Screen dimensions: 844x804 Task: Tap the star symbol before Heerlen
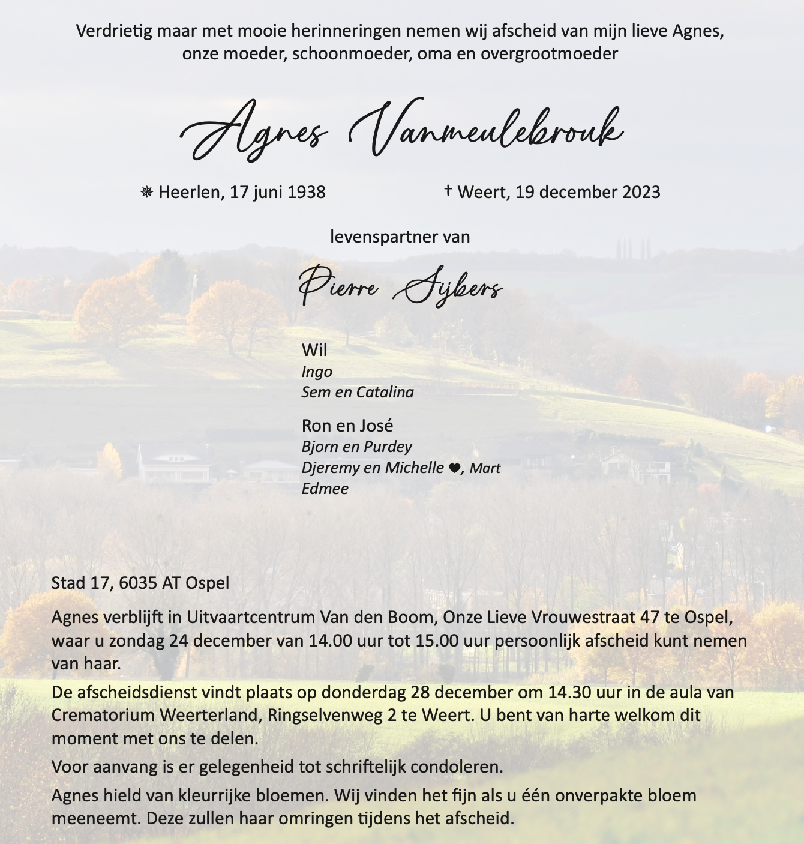click(146, 192)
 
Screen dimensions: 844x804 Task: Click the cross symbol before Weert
click(448, 191)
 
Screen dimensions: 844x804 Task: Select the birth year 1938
click(306, 193)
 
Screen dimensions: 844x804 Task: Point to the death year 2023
click(641, 193)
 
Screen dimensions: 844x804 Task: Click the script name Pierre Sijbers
click(400, 288)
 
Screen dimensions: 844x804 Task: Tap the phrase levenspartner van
click(400, 237)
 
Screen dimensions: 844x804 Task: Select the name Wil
click(314, 350)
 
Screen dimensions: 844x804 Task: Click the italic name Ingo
click(317, 372)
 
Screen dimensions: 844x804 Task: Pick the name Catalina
click(386, 393)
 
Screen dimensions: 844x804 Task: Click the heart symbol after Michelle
click(454, 468)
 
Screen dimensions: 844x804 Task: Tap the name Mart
click(485, 469)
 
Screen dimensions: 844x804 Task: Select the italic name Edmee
click(325, 489)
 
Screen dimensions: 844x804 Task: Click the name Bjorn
click(320, 447)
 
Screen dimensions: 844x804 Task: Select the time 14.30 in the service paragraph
click(569, 692)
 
